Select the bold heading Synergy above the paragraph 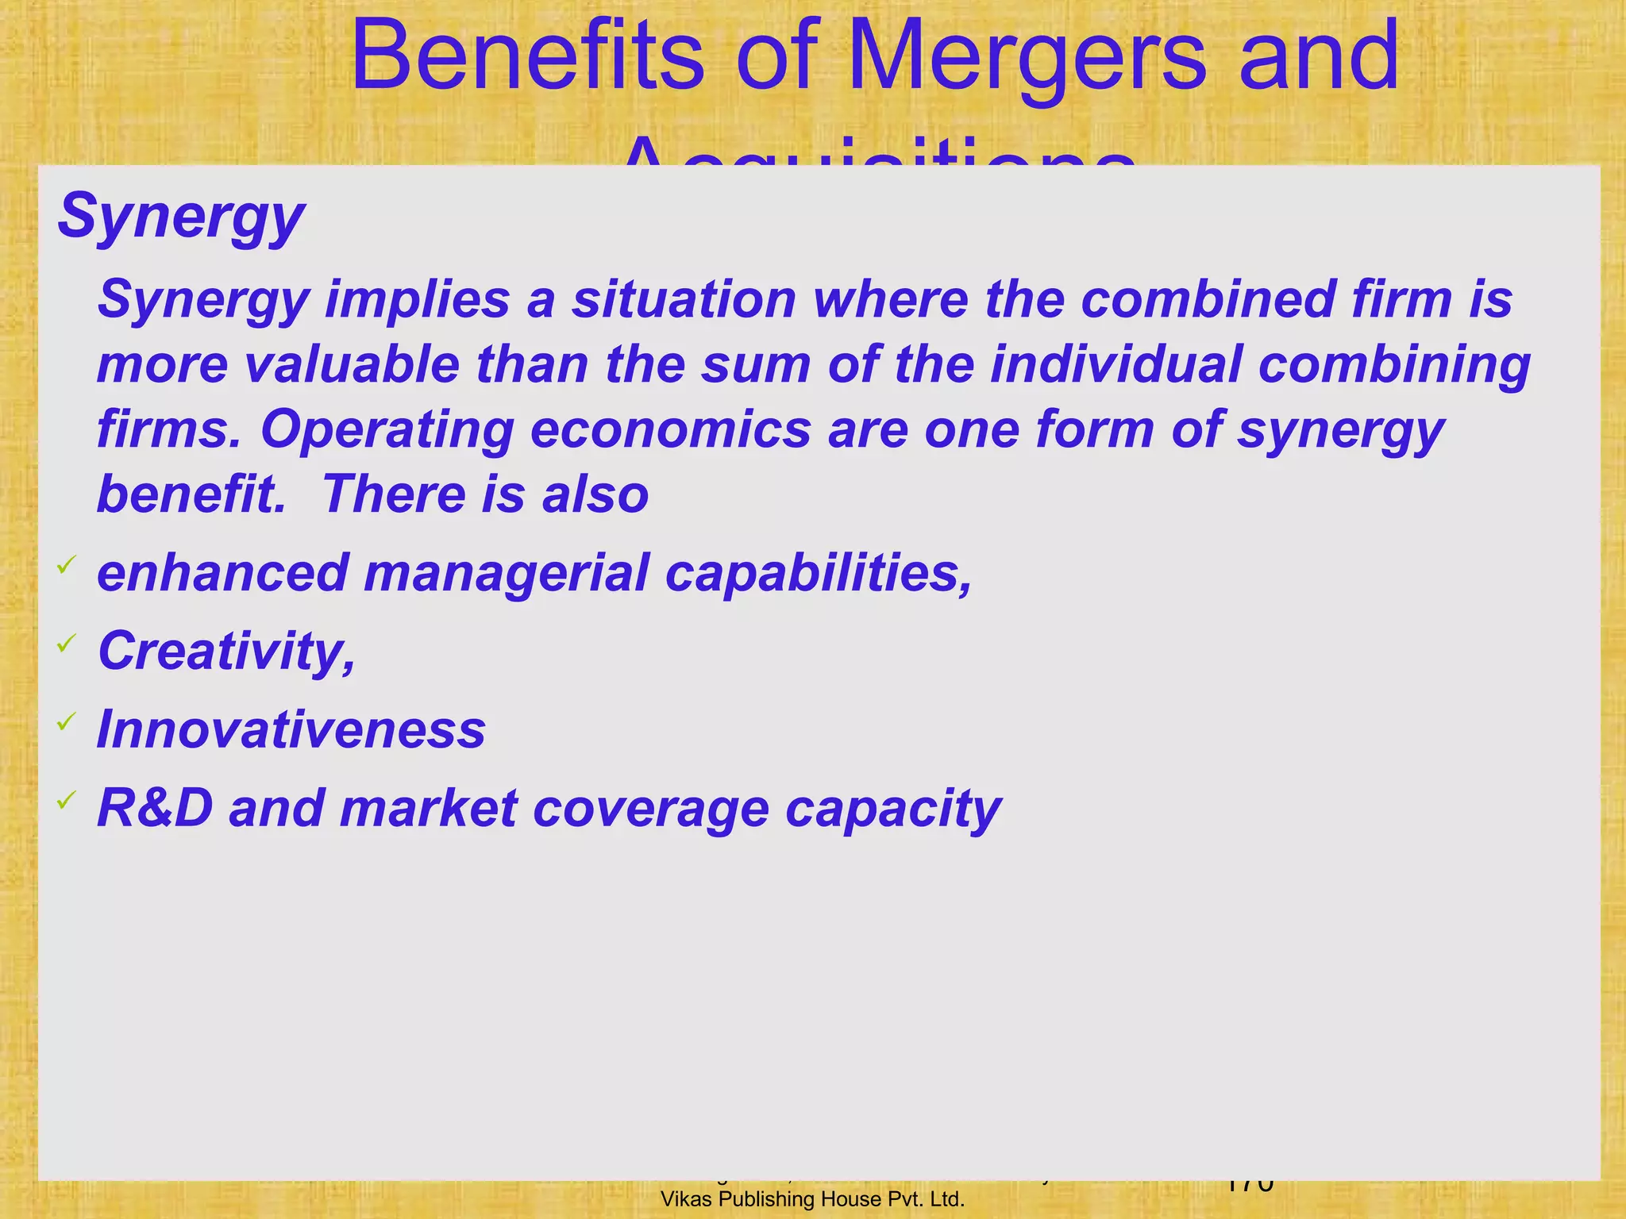tap(181, 216)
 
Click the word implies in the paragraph tap(417, 300)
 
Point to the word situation tap(684, 300)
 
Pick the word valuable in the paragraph tap(352, 365)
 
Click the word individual tap(1115, 365)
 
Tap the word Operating tap(387, 430)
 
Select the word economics tap(671, 430)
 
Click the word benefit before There tap(191, 494)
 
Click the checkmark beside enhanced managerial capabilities tap(66, 565)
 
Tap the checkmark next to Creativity tap(66, 643)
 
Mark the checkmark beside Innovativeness tap(66, 721)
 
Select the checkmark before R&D tap(66, 799)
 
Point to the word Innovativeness tap(291, 729)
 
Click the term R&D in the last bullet tap(156, 808)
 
